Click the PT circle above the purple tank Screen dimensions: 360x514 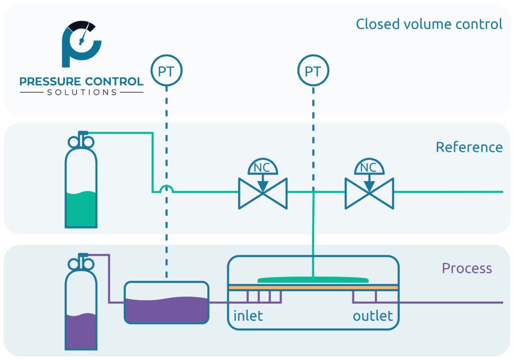(166, 71)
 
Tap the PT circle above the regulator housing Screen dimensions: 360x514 (313, 71)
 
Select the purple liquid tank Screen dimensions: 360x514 (166, 303)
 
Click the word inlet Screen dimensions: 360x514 (248, 316)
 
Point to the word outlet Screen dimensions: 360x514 (372, 316)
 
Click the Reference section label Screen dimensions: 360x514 (469, 147)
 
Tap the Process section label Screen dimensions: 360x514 (467, 268)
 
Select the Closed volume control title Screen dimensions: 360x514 (429, 24)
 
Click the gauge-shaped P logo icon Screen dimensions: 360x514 (80, 44)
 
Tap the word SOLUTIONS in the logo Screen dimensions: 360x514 (82, 92)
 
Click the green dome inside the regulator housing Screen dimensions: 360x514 (313, 280)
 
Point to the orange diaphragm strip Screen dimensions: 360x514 (313, 287)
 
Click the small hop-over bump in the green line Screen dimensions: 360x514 (166, 189)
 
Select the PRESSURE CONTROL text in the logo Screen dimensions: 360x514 (82, 81)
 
